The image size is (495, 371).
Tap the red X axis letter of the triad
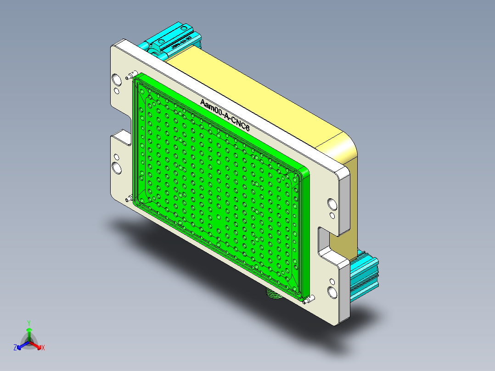point(43,348)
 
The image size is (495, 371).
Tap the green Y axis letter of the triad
point(29,323)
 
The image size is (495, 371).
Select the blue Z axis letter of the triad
point(15,348)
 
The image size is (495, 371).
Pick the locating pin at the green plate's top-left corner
point(133,74)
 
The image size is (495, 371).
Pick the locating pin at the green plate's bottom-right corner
point(308,300)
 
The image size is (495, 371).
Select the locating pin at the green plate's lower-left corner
point(128,199)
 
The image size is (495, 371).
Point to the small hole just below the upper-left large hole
point(117,91)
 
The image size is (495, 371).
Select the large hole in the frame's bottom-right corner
point(332,291)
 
